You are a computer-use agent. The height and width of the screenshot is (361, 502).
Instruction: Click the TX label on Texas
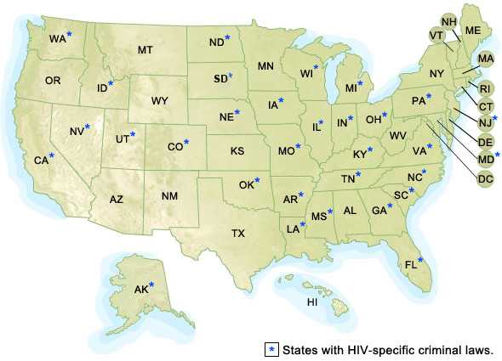(x=238, y=233)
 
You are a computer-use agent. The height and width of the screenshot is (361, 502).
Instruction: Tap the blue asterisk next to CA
(x=52, y=155)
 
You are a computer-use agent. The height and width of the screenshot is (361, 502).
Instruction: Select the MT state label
(x=145, y=51)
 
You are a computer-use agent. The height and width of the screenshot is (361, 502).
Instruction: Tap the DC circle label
(x=485, y=178)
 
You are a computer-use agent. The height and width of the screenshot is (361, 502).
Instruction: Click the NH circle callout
(x=448, y=20)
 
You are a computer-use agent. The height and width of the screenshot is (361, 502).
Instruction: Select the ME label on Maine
(x=473, y=31)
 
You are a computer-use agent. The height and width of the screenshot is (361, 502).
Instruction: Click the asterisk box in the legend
(x=271, y=349)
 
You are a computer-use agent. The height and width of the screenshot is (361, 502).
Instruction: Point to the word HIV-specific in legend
(x=363, y=349)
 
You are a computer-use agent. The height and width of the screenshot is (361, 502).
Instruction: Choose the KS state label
(x=237, y=150)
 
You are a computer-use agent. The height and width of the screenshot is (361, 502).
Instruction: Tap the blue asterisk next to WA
(x=70, y=34)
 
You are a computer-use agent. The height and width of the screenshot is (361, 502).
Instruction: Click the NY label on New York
(x=437, y=74)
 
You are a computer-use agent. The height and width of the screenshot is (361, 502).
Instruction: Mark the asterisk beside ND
(x=227, y=37)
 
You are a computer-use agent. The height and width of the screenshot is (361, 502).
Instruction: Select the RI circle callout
(x=485, y=88)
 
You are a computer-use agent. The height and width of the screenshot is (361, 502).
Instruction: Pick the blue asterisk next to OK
(x=257, y=180)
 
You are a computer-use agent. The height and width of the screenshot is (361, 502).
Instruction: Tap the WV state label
(x=397, y=136)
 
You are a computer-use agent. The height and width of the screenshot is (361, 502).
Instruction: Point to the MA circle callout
(x=485, y=59)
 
